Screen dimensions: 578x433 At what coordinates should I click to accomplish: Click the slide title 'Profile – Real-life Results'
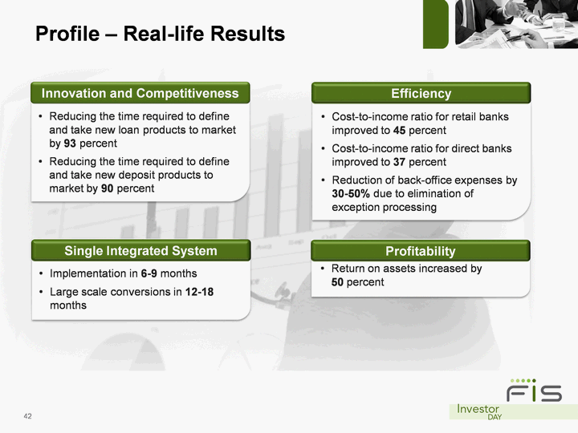click(160, 34)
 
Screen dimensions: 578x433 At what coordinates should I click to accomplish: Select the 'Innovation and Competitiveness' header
click(140, 93)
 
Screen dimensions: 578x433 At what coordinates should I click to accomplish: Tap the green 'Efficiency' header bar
click(421, 93)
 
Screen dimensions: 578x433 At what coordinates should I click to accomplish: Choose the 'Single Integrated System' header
click(140, 250)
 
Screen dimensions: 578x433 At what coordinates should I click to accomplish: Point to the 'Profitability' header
click(421, 251)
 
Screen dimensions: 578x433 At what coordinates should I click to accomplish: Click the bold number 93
click(70, 144)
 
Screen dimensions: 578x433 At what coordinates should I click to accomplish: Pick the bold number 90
click(107, 188)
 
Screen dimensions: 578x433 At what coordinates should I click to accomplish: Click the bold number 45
click(399, 131)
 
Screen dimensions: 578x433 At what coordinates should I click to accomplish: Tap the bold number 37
click(399, 162)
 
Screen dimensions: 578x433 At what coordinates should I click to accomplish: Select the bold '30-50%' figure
click(351, 194)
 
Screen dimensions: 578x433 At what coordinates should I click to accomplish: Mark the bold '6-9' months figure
click(149, 273)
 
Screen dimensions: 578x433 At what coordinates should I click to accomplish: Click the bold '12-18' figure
click(199, 292)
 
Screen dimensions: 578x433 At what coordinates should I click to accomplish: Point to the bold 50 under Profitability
click(337, 282)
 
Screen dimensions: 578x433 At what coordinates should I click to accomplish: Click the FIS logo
click(534, 391)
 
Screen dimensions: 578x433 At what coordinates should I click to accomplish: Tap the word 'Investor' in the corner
click(478, 409)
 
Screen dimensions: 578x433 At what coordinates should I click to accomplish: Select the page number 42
click(27, 416)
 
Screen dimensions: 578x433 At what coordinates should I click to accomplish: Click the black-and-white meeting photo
click(516, 24)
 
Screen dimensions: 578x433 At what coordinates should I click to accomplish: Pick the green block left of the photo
click(436, 24)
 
